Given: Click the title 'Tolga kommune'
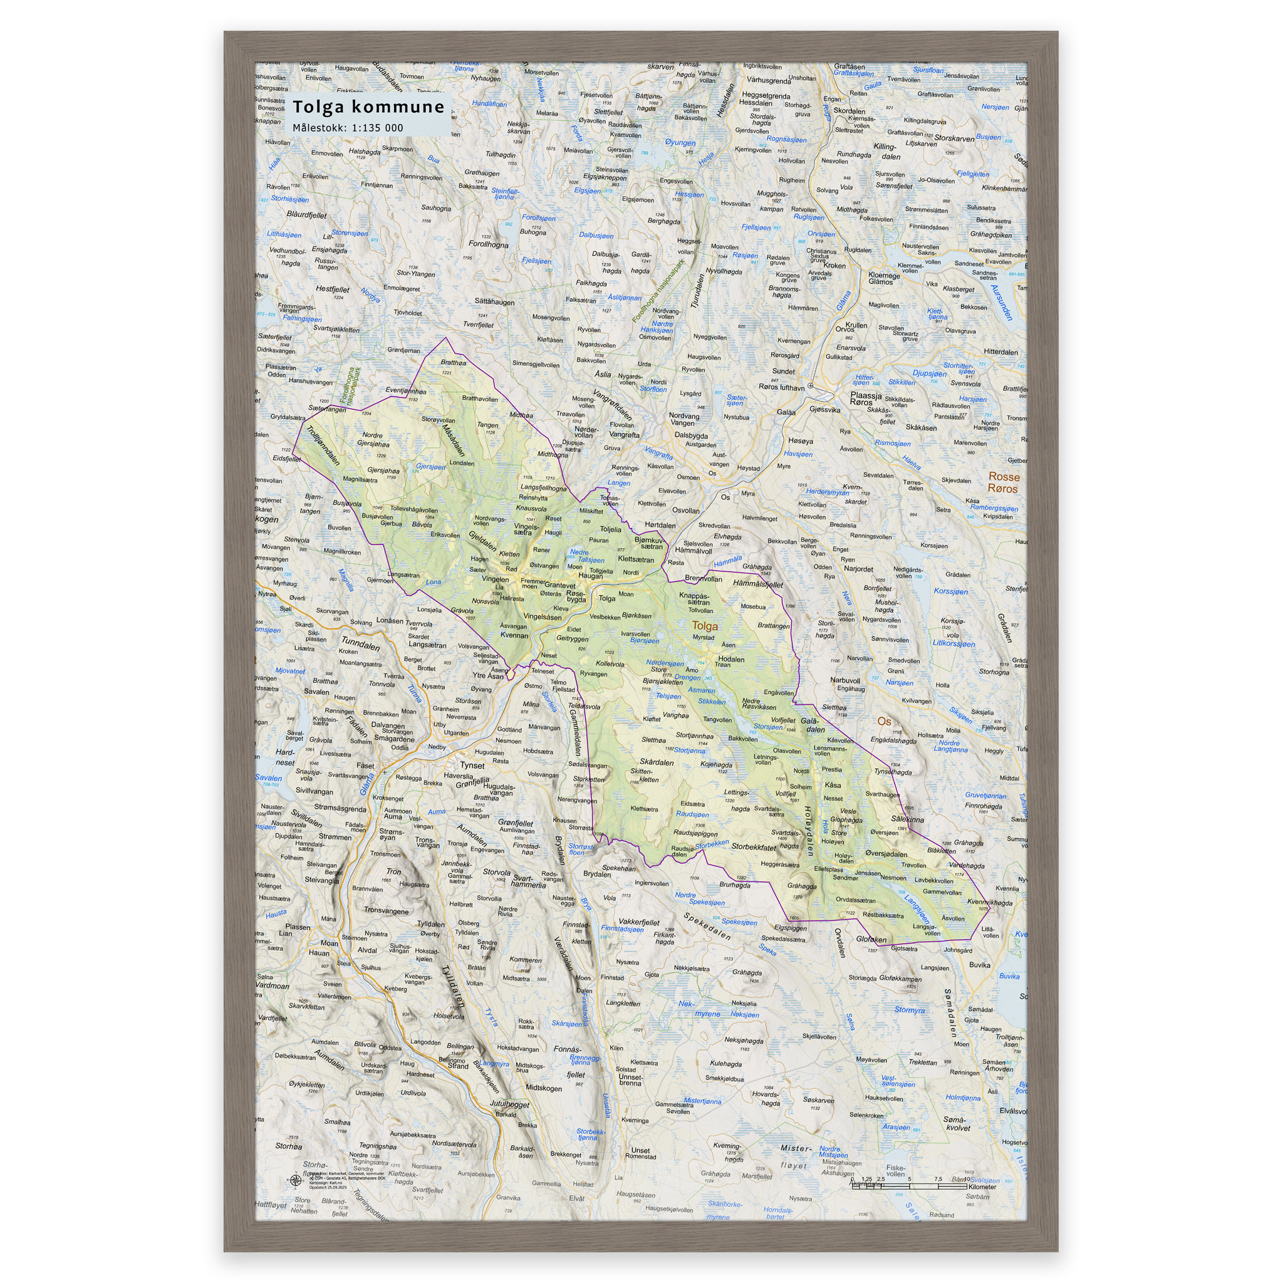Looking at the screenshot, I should (368, 107).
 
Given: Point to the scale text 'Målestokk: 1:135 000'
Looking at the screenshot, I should (347, 128).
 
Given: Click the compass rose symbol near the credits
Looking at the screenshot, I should (294, 1180).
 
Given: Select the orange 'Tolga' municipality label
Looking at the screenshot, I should (705, 626).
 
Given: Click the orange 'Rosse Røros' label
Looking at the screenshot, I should (1003, 483).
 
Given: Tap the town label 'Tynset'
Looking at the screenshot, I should (472, 765).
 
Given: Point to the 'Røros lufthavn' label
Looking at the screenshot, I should (782, 387).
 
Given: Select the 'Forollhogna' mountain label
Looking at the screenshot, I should (488, 244).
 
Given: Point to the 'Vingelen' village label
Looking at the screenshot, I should (495, 579).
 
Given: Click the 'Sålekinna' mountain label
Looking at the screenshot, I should (907, 819).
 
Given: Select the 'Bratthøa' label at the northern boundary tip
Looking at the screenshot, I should (453, 363).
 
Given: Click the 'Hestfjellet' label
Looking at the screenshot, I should (332, 289).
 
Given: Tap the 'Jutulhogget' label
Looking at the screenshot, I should (509, 1104).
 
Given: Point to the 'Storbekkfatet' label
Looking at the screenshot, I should (753, 847).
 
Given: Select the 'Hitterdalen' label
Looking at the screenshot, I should (1000, 352).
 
